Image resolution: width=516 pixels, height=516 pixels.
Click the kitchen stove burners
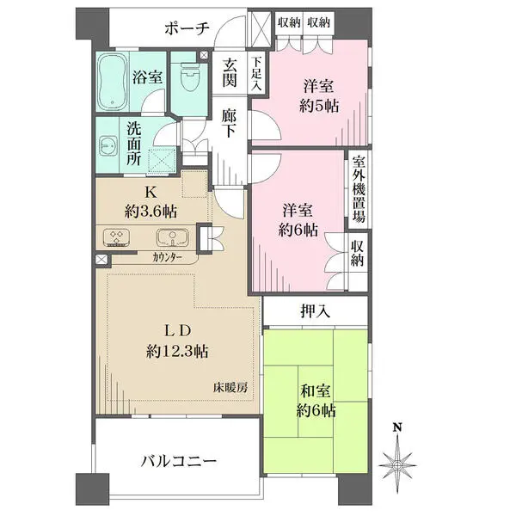tap(117, 237)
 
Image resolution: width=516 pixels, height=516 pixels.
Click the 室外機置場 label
tap(358, 190)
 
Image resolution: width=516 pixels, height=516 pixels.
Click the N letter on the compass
tap(397, 427)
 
